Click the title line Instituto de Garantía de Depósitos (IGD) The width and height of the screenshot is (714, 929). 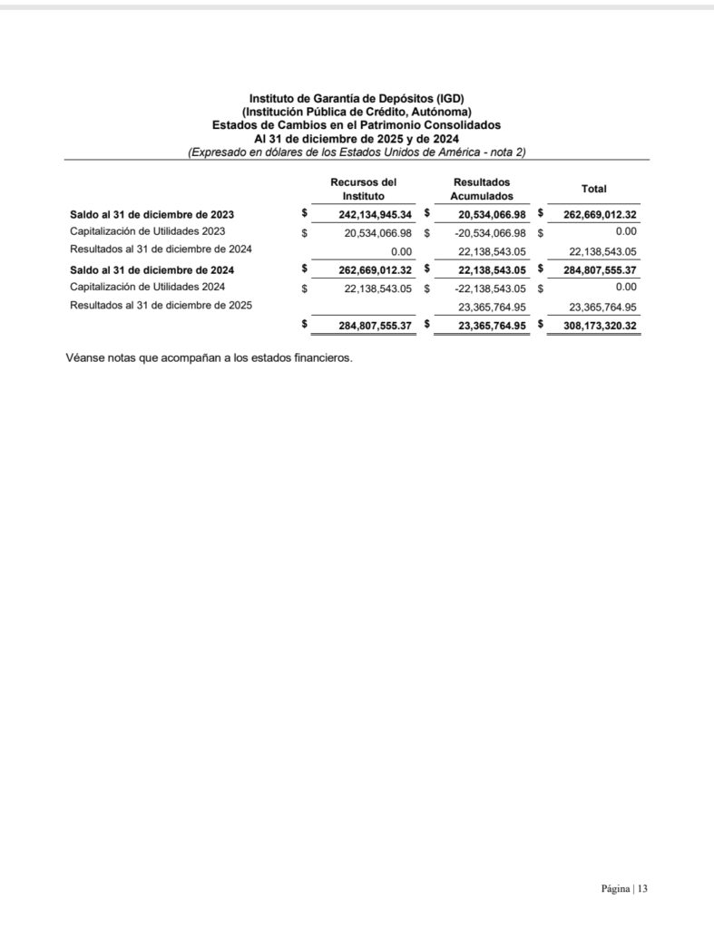coord(357,98)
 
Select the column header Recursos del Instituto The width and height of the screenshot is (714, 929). coord(364,189)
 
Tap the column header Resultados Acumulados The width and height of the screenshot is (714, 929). coord(482,189)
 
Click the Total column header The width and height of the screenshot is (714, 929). coord(594,189)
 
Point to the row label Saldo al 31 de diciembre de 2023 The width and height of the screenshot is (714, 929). coord(152,215)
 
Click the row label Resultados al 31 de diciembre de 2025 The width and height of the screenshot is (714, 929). coord(161,306)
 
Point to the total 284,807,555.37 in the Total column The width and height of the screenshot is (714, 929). coord(599,269)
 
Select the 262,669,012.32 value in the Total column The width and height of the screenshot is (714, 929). coord(599,215)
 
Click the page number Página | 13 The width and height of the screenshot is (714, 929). coord(624,889)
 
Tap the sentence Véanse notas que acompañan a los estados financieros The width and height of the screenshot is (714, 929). coord(209,357)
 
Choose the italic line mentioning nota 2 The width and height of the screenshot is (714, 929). coord(357,152)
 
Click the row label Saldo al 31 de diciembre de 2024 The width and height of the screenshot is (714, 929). coord(152,269)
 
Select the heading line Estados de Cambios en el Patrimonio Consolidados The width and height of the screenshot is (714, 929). coord(357,124)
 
